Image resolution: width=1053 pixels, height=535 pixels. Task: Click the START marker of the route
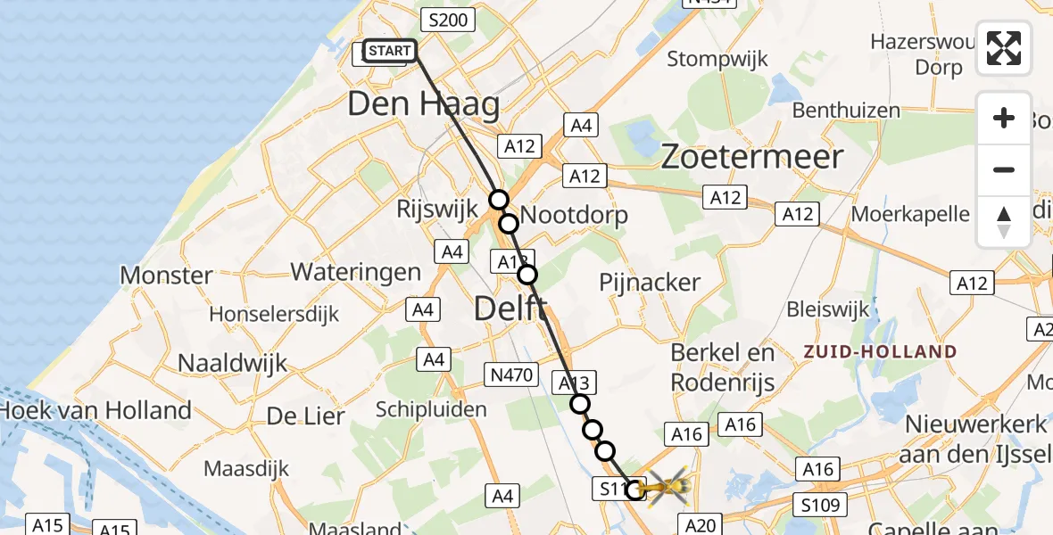pos(389,51)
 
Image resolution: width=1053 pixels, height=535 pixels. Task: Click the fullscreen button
pos(1004,48)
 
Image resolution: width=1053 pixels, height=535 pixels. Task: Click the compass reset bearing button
pos(1004,222)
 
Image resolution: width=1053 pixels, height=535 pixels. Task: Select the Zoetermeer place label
pos(751,157)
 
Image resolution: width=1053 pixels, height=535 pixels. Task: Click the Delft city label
pos(510,309)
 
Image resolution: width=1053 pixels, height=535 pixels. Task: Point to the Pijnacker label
pos(649,282)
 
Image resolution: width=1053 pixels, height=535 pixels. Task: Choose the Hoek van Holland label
pos(95,410)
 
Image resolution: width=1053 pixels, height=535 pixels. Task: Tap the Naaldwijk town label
pos(232,363)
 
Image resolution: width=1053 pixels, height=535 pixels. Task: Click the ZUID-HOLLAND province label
pos(879,351)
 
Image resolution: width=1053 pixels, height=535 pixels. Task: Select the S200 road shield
pos(445,20)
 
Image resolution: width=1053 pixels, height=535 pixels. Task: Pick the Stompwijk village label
pos(717,60)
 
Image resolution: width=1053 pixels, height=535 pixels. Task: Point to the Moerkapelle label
pos(910,214)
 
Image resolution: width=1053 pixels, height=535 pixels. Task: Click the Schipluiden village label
pos(431,409)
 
